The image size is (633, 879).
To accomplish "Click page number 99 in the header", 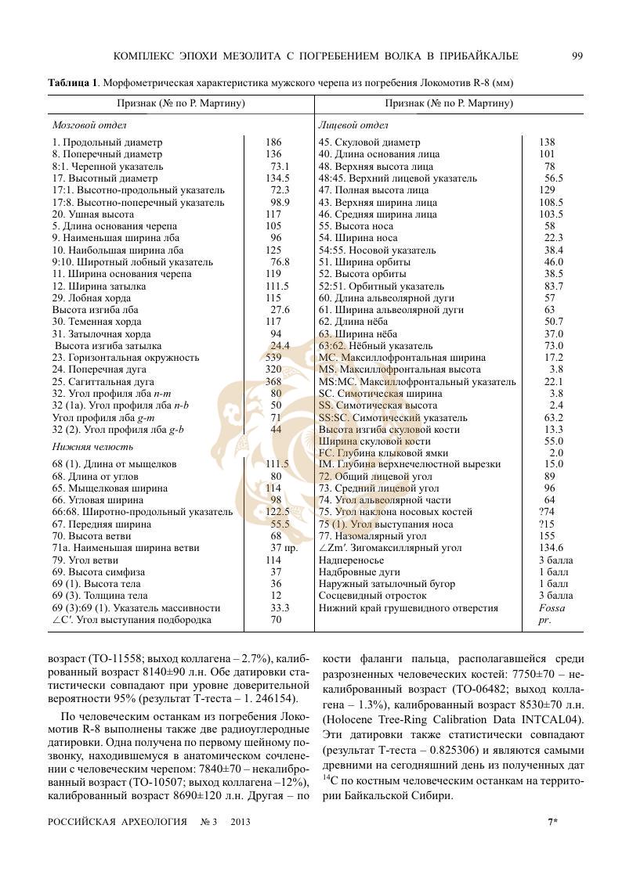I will click(x=577, y=56).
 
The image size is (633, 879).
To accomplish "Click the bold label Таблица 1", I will click(x=73, y=82).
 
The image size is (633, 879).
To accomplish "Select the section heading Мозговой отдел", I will click(x=89, y=124).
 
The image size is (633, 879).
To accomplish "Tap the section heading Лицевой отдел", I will click(x=353, y=124).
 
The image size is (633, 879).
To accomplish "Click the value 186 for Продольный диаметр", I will click(x=273, y=142).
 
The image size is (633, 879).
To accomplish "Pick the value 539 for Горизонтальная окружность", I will click(x=273, y=357).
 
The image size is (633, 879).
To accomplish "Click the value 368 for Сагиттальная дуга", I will click(x=273, y=381).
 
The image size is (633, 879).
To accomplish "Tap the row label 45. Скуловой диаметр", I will click(x=369, y=142).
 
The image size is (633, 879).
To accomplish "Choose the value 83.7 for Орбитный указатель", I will click(x=553, y=286).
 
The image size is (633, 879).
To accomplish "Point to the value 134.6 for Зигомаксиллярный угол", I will click(x=552, y=548).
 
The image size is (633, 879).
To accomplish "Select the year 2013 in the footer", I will click(x=241, y=822).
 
